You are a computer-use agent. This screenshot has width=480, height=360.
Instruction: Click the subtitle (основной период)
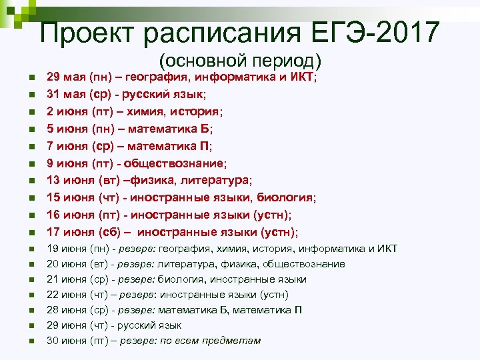pyautogui.click(x=241, y=61)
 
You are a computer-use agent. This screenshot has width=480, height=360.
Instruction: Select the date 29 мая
pyautogui.click(x=65, y=78)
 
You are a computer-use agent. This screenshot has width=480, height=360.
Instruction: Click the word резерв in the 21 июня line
pyautogui.click(x=137, y=279)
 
